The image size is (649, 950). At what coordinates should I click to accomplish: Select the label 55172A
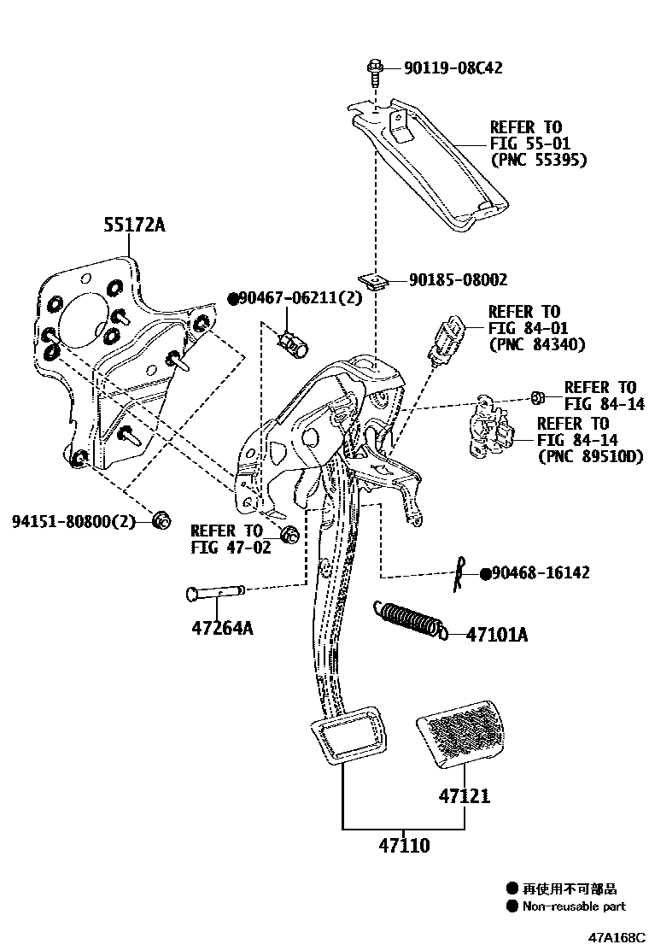pos(134,225)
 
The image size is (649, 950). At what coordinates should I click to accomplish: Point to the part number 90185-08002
pos(458,279)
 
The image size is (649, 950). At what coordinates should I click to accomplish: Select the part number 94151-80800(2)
pos(74,520)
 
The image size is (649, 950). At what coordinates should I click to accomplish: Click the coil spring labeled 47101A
pos(410,619)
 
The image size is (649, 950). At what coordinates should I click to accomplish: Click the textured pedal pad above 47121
pos(458,731)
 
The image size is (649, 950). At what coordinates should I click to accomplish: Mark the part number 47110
pos(405,846)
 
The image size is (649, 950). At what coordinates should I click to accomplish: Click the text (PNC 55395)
pos(538,160)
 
